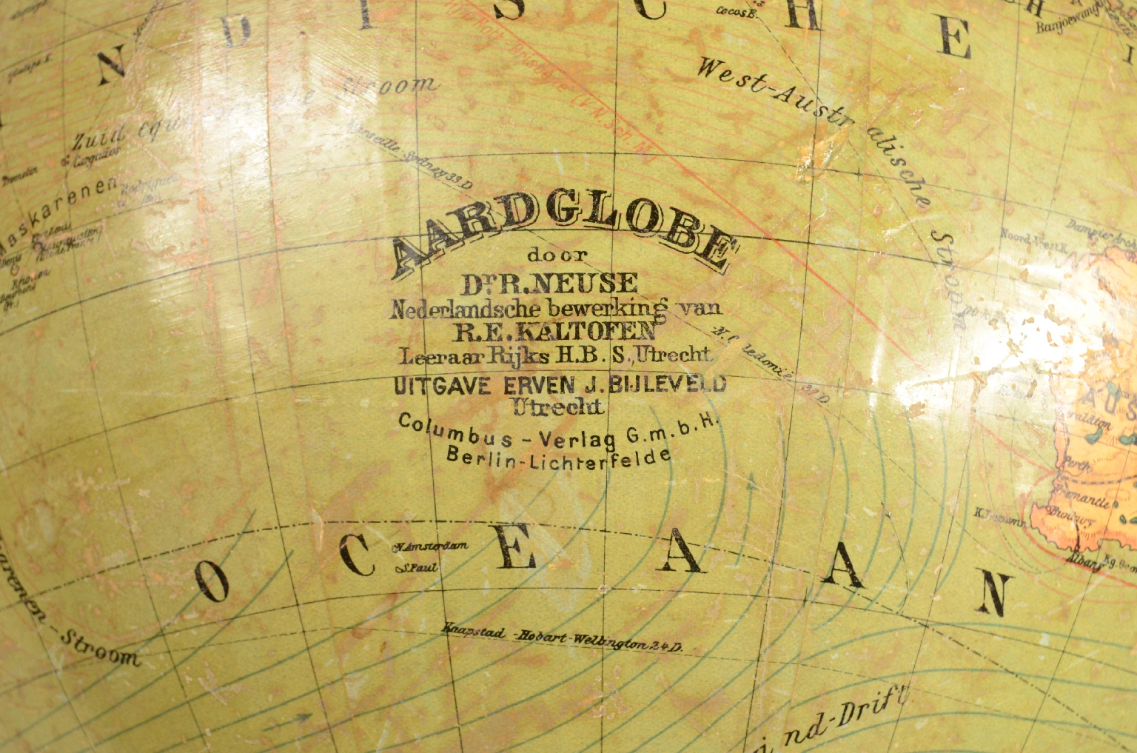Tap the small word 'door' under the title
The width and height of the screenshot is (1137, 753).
[x=557, y=256]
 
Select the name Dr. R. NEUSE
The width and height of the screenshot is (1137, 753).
[x=549, y=282]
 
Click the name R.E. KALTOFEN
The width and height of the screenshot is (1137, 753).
[x=554, y=330]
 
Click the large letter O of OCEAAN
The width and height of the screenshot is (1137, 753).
[x=215, y=582]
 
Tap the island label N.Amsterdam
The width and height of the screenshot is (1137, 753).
[x=432, y=548]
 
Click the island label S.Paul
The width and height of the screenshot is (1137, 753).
[x=417, y=568]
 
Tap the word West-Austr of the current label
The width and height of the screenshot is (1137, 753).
[x=770, y=96]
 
